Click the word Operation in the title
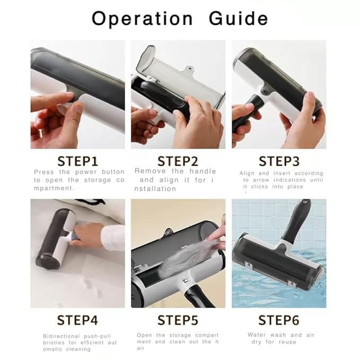(x=142, y=19)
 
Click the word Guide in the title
(x=238, y=18)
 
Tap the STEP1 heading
(x=77, y=161)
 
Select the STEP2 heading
(x=178, y=161)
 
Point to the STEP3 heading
(x=279, y=161)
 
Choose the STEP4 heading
(x=77, y=320)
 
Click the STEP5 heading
(x=178, y=320)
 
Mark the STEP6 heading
(x=279, y=320)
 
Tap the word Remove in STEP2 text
(x=150, y=171)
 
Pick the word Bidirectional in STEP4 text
(x=62, y=336)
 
